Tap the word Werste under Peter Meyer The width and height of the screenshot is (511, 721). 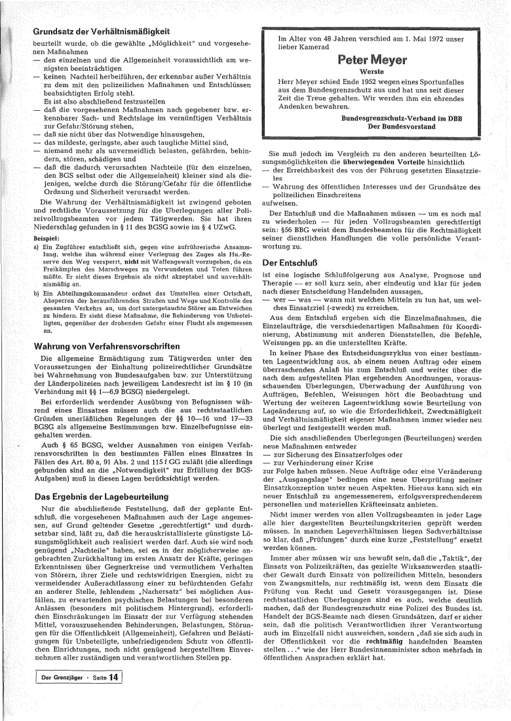(x=371, y=72)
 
